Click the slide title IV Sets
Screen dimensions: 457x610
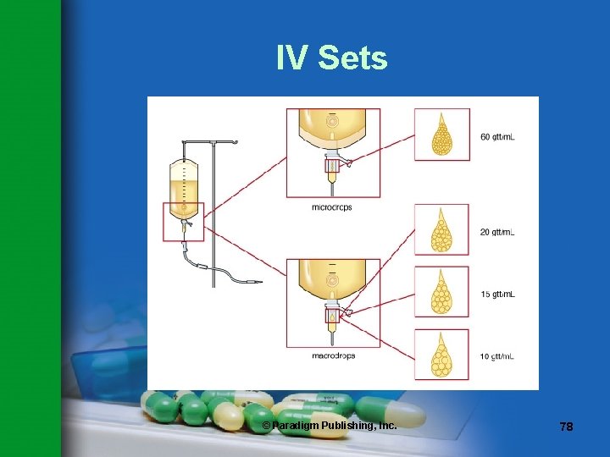pos(331,58)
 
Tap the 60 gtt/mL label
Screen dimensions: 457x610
pos(497,136)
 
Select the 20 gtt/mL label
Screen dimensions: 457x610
pos(497,232)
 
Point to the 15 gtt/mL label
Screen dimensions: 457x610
pos(497,295)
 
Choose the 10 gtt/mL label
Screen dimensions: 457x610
pos(497,356)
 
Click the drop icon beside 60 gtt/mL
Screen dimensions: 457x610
pos(441,135)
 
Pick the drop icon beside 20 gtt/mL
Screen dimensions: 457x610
pos(441,231)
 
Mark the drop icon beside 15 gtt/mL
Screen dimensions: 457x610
pos(441,294)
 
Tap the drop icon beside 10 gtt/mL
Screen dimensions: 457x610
pos(441,355)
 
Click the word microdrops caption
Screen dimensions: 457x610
pos(332,206)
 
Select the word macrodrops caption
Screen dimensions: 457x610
pos(332,355)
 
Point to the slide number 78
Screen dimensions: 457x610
pos(566,427)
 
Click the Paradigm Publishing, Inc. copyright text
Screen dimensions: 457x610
pos(329,425)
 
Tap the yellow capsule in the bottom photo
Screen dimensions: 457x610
pos(228,415)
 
